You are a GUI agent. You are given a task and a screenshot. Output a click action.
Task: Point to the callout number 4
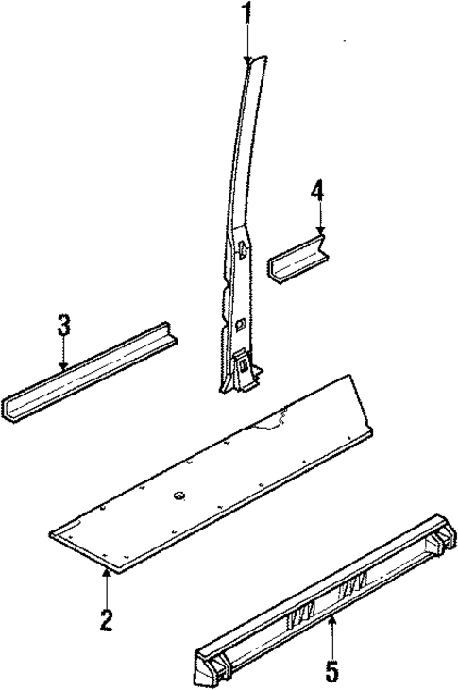coord(318,192)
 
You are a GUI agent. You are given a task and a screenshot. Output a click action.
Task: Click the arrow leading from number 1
coord(247,42)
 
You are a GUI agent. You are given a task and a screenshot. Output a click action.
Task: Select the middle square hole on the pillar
coord(240,324)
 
